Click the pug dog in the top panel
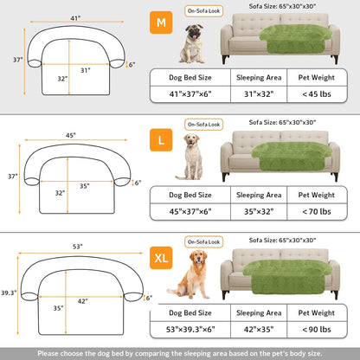click(192, 44)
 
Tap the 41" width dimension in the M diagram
click(75, 18)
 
